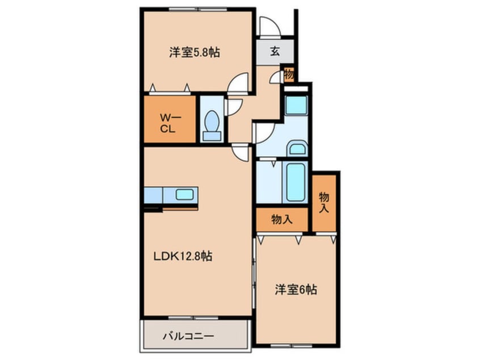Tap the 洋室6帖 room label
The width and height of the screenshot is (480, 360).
click(296, 290)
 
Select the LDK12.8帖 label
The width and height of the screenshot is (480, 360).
click(183, 256)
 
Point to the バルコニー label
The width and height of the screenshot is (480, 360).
click(189, 336)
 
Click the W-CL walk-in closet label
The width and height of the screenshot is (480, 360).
click(170, 123)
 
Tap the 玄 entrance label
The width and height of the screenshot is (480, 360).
click(275, 52)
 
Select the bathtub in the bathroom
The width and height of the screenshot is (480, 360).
click(296, 182)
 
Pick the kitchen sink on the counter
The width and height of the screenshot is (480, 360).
click(185, 194)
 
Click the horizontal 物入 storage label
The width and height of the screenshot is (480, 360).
click(282, 219)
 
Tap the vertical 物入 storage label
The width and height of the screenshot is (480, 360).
click(324, 202)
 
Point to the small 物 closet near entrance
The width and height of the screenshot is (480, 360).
click(288, 75)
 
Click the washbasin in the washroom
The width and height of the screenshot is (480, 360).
click(297, 149)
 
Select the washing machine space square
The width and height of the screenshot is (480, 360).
click(296, 106)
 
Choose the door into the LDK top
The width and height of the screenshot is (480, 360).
click(241, 152)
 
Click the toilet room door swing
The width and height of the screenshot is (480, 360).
click(234, 106)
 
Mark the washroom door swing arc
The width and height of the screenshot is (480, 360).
click(264, 132)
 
